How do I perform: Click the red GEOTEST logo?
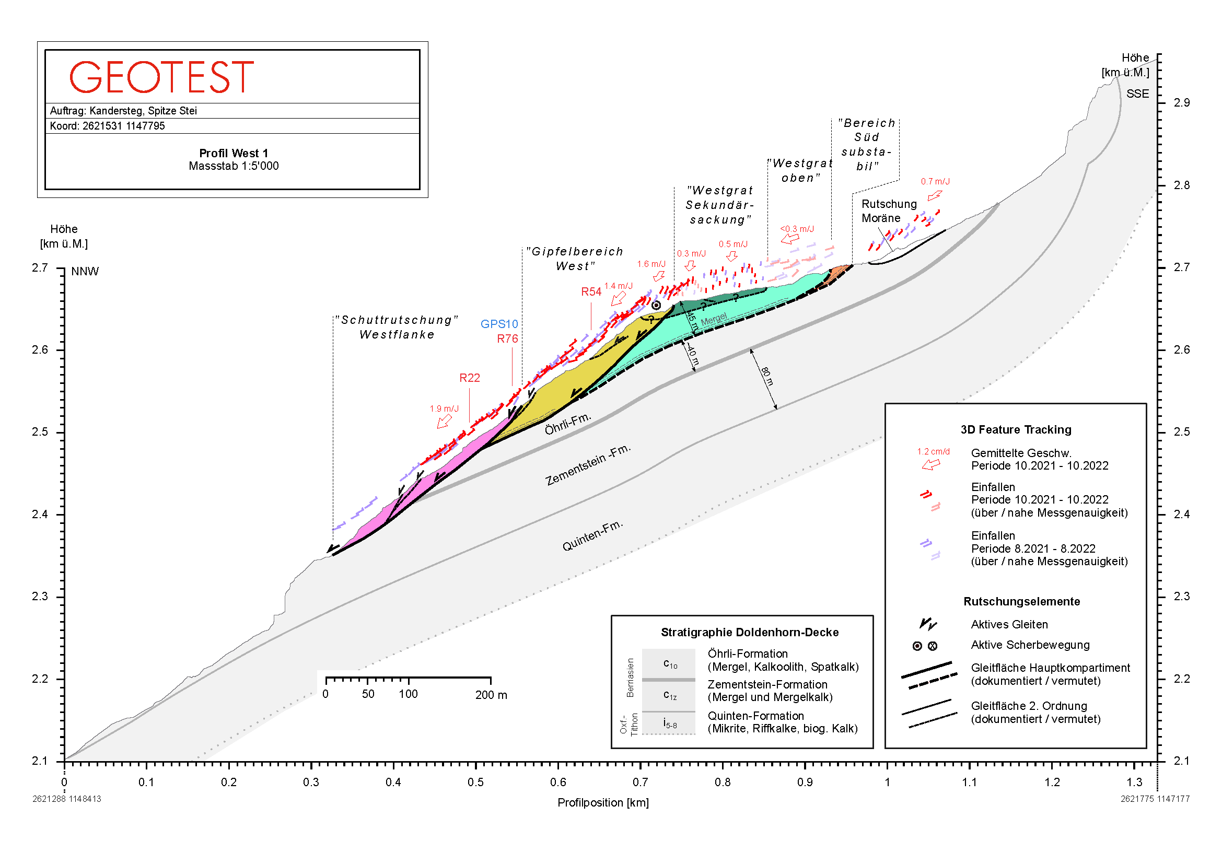point(161,78)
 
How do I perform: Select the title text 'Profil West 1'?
point(234,153)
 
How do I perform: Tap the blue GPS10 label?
point(499,324)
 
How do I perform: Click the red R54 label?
point(591,291)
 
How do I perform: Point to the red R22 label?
point(470,378)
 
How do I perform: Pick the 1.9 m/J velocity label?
point(444,408)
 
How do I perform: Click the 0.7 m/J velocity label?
point(935,181)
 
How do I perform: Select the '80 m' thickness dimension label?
point(767,376)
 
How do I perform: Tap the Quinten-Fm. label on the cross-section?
point(592,535)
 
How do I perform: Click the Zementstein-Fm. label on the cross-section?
point(588,464)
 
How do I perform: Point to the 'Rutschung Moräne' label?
point(888,211)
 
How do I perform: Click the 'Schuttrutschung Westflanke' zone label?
point(397,327)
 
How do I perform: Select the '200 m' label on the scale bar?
point(491,695)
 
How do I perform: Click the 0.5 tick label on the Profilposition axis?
point(475,782)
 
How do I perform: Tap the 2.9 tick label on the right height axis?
point(1181,103)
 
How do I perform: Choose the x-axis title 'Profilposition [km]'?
point(602,802)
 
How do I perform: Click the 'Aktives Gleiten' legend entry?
point(1008,624)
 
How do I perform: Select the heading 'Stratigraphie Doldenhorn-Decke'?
point(749,632)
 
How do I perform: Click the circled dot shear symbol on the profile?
point(656,306)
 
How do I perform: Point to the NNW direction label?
point(85,271)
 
